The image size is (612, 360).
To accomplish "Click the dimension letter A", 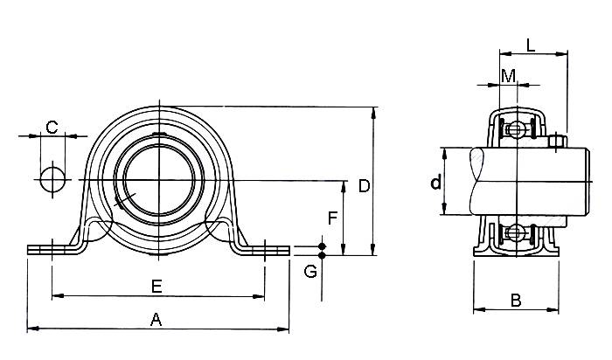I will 156,320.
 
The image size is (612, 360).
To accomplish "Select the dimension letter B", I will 516,300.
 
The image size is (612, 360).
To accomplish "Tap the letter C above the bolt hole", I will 52,127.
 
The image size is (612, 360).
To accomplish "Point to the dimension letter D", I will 365,185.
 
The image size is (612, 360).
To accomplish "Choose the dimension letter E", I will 156,286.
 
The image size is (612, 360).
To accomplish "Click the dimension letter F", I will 332,218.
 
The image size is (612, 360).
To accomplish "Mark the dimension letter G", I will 309,271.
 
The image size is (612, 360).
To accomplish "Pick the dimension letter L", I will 531,44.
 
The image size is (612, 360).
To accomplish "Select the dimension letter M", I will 508,76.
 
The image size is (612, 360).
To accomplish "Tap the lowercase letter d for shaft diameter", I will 435,183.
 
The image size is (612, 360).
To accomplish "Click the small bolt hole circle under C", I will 52,179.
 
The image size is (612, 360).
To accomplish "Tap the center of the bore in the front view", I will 157,181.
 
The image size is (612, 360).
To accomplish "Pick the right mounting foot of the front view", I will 264,250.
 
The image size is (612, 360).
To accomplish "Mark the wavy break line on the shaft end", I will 477,182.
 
